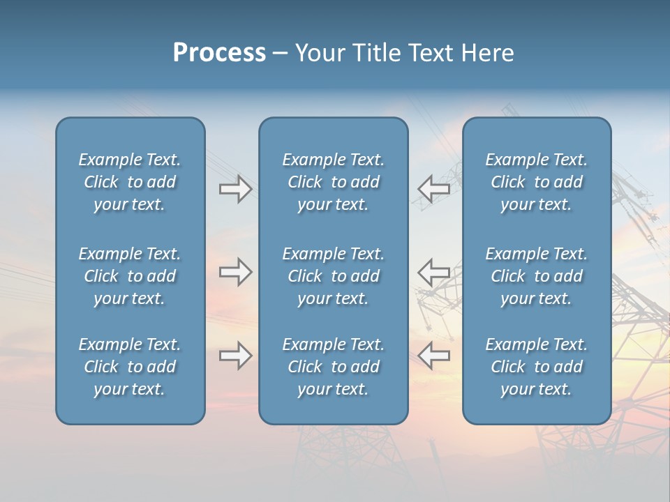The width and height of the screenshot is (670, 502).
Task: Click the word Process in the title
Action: click(x=219, y=53)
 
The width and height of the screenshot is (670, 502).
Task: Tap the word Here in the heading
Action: click(x=486, y=53)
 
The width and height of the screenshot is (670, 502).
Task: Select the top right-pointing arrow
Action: click(x=235, y=189)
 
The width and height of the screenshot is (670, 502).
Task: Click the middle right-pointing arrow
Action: click(x=235, y=272)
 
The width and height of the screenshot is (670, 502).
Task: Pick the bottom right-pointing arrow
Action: click(x=235, y=356)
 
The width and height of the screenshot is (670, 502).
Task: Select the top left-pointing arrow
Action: click(x=433, y=189)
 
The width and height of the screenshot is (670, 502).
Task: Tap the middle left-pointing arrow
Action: click(x=433, y=272)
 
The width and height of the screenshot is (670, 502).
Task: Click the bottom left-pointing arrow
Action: click(x=433, y=356)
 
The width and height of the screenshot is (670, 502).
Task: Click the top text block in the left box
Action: click(x=130, y=182)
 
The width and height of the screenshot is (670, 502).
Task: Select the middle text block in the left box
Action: click(x=130, y=276)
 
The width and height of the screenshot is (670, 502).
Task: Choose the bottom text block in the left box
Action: click(x=130, y=367)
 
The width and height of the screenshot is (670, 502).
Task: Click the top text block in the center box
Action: click(x=334, y=182)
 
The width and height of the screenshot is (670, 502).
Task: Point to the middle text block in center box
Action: click(x=334, y=276)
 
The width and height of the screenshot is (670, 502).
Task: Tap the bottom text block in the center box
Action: click(x=334, y=367)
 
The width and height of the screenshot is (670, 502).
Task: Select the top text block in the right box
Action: click(x=537, y=182)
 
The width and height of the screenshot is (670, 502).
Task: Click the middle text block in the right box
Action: click(x=537, y=276)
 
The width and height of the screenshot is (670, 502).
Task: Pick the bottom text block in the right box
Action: click(x=537, y=367)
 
